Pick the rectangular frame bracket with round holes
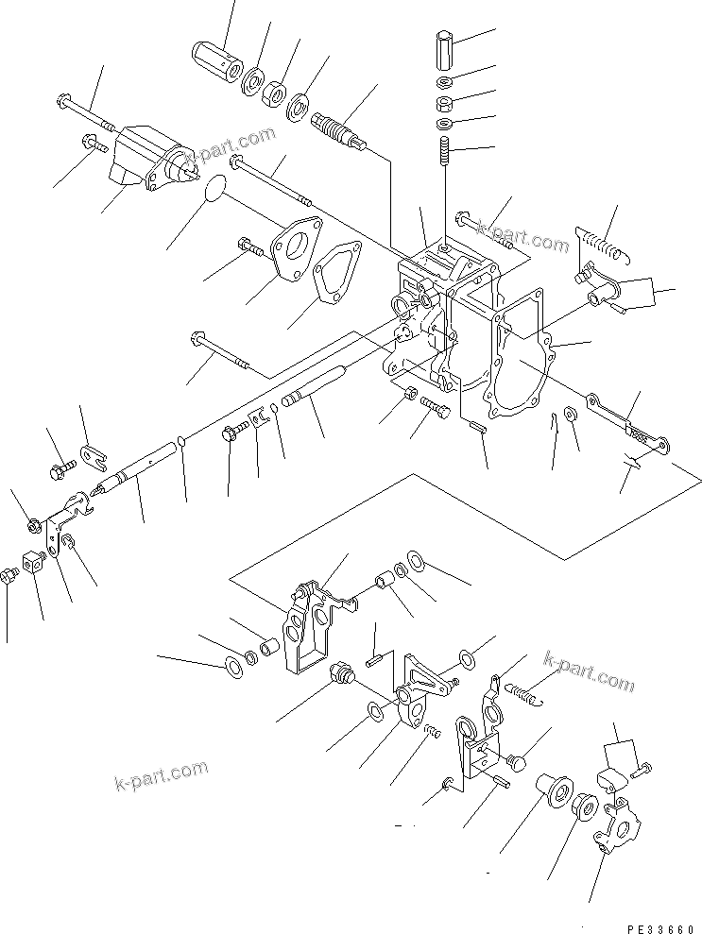coord(307,628)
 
